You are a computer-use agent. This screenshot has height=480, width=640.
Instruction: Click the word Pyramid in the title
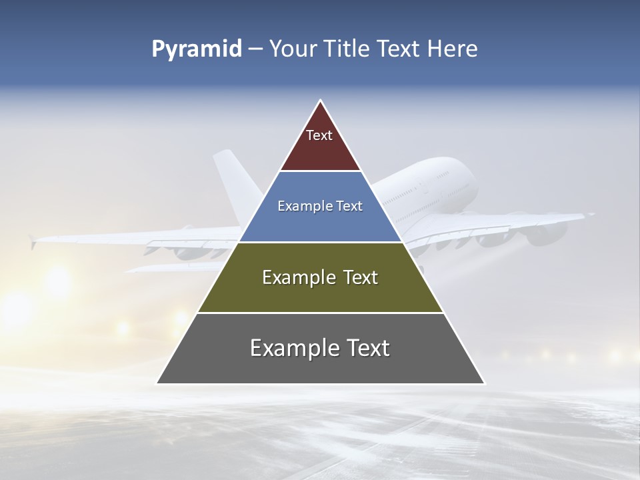(x=196, y=49)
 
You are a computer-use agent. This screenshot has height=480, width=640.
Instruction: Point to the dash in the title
(x=255, y=49)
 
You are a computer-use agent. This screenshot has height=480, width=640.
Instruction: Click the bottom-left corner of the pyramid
(x=157, y=383)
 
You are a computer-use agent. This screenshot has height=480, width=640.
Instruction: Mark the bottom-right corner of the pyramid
(x=484, y=383)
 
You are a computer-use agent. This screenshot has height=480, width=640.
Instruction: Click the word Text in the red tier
(x=319, y=135)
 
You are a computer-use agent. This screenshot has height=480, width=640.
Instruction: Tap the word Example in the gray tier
(x=290, y=348)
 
